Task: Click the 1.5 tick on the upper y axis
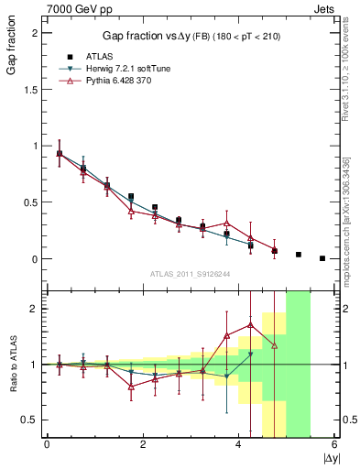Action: tap(33, 89)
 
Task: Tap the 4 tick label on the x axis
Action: tap(238, 445)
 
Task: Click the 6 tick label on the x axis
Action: tap(334, 445)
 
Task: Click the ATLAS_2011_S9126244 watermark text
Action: tap(190, 273)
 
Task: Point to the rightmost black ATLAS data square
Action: tap(322, 258)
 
